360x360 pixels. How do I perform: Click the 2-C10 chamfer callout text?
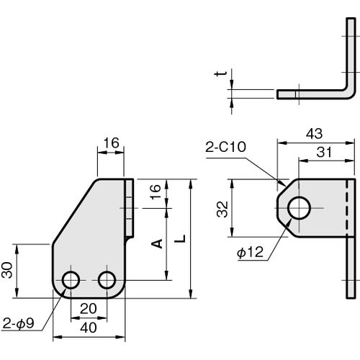[x=225, y=147]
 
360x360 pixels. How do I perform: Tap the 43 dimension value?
[x=314, y=134]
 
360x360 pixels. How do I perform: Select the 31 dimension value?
[x=324, y=152]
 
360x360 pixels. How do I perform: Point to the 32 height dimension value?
[x=222, y=210]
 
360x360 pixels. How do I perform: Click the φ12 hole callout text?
[x=250, y=252]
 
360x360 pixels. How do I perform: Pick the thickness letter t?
[x=220, y=73]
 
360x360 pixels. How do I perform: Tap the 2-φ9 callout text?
[x=19, y=323]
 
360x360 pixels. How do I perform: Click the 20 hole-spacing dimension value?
[x=89, y=309]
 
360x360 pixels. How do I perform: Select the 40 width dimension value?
[x=89, y=328]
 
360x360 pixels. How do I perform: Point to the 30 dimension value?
[x=7, y=270]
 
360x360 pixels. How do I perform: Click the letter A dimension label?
[x=157, y=243]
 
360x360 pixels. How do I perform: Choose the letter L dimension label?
[x=180, y=238]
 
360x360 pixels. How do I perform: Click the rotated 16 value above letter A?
[x=156, y=192]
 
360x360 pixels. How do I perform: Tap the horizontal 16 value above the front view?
[x=111, y=143]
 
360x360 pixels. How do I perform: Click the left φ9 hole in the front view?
[x=71, y=280]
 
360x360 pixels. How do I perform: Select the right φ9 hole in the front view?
[x=107, y=280]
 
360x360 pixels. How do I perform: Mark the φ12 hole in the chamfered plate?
[x=299, y=208]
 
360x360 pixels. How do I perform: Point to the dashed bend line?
[x=347, y=208]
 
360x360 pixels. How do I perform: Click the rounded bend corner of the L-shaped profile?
[x=350, y=93]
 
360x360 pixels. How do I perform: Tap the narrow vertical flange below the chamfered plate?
[x=351, y=268]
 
